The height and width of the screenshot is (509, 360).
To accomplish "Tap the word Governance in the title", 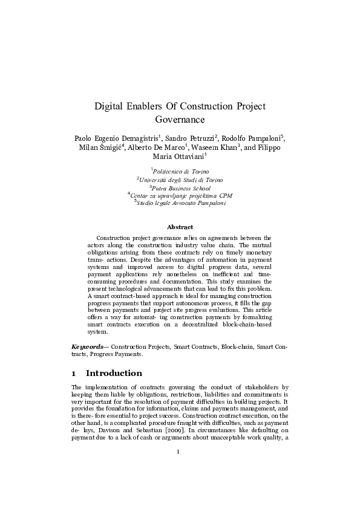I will click(x=180, y=120).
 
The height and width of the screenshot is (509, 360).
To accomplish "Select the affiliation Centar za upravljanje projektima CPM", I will click(x=181, y=195).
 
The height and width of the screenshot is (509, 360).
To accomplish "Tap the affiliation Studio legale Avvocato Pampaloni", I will click(x=181, y=203).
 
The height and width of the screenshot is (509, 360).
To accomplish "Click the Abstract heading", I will click(x=180, y=226).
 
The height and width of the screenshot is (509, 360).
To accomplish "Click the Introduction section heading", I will click(x=114, y=373).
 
